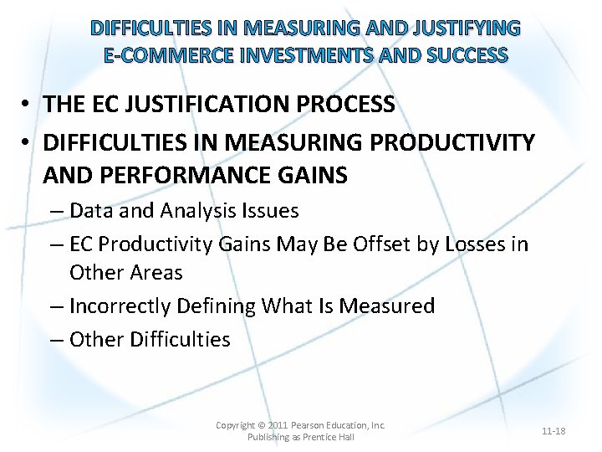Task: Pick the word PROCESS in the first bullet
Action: click(x=353, y=105)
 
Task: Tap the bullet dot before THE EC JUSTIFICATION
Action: click(x=28, y=105)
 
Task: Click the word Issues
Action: click(x=272, y=210)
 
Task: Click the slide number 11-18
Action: click(x=554, y=431)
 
